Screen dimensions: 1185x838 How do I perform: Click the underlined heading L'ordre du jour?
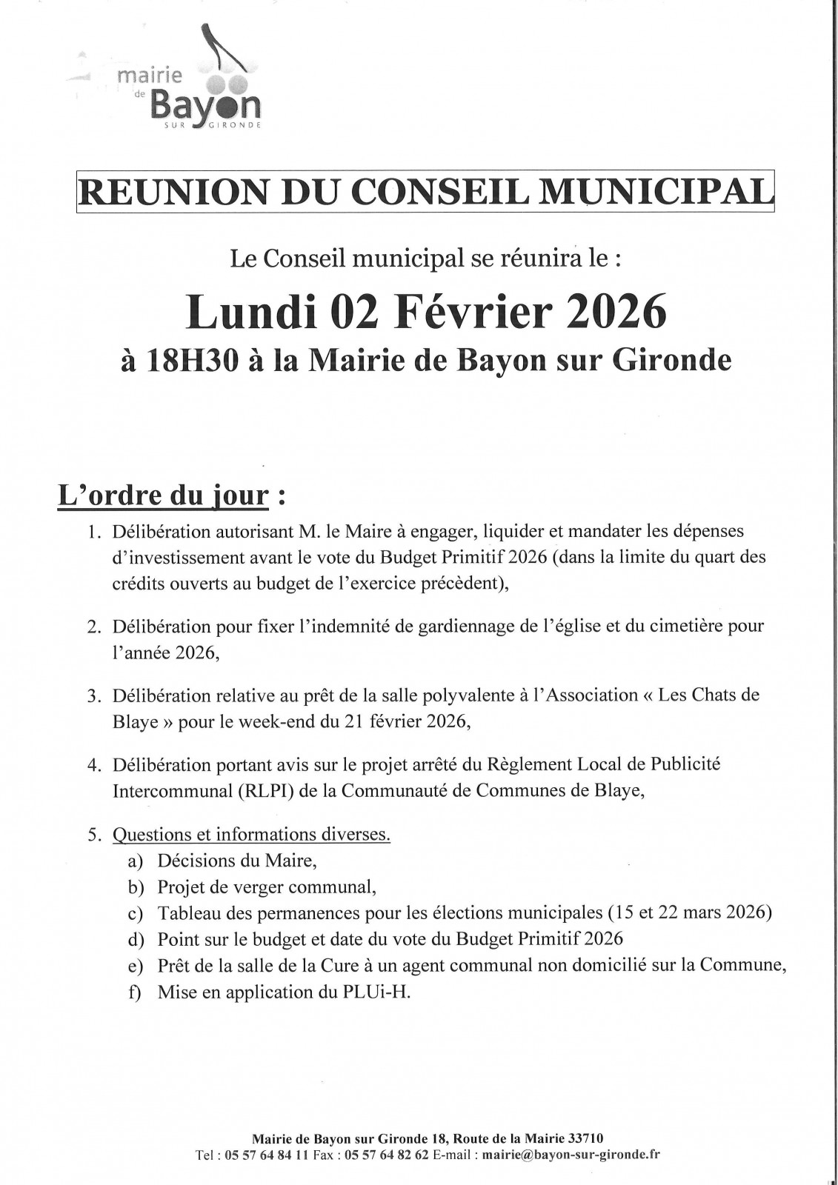coord(163,495)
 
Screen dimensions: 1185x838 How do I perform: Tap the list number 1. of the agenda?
coord(93,532)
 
